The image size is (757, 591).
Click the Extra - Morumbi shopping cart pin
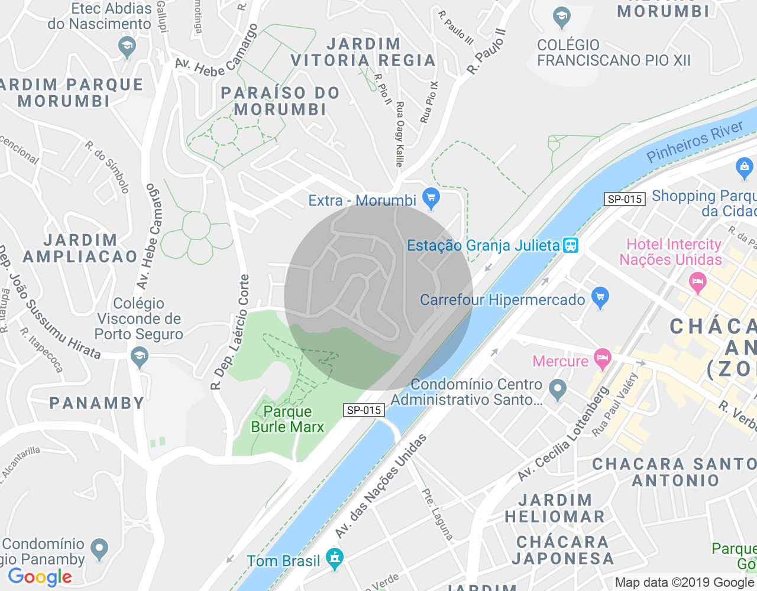coord(431,198)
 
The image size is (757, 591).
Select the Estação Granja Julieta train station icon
coord(571,245)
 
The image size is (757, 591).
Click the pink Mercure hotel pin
coord(603,358)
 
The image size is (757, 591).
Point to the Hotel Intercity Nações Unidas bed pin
coord(698,281)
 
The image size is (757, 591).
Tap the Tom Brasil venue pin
coord(335,558)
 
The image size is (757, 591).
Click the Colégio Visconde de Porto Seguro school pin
coord(140,356)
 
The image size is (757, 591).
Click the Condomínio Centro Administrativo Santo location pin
coord(557,389)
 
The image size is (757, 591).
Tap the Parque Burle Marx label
coord(287,419)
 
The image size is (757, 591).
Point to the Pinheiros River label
coord(694,142)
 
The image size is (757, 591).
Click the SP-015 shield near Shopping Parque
coord(625,199)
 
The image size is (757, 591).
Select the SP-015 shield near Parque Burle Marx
coord(364,410)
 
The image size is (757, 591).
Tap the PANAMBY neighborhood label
coord(97,403)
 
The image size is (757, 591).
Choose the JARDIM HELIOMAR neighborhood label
coord(555,508)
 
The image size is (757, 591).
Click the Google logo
coord(40,577)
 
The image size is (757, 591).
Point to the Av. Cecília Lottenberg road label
coord(564,433)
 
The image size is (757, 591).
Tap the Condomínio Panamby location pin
coord(99,549)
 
